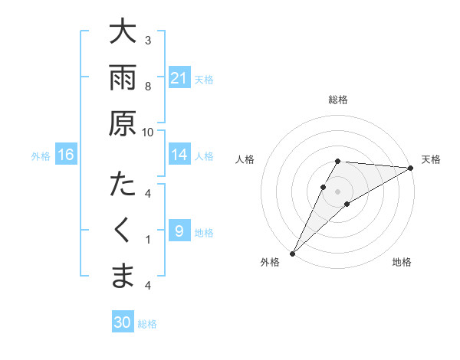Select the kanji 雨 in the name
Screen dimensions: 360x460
(x=123, y=77)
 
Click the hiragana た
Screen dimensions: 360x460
(x=123, y=185)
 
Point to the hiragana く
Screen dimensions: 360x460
(x=123, y=231)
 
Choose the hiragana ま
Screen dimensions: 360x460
(x=123, y=277)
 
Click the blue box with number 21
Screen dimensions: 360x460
(x=179, y=77)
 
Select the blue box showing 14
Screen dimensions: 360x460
(x=179, y=155)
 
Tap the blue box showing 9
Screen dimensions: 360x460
(x=179, y=231)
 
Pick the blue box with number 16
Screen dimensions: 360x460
(x=66, y=155)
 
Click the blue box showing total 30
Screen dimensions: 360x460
(x=122, y=322)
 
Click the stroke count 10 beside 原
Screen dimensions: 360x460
(x=148, y=132)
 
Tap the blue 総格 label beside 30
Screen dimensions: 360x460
(x=147, y=324)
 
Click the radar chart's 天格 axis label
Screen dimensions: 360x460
(x=431, y=159)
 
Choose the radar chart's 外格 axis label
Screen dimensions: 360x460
(x=270, y=262)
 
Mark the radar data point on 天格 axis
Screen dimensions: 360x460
(x=411, y=168)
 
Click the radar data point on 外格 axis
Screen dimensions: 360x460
(x=292, y=253)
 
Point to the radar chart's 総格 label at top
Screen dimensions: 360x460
(x=338, y=100)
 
